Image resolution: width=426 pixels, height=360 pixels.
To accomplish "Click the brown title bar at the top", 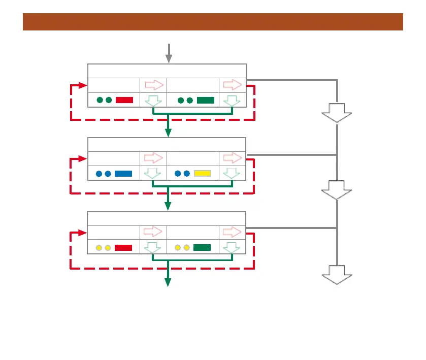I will coord(213,22).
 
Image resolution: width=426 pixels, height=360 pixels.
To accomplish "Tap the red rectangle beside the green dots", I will coord(124,100).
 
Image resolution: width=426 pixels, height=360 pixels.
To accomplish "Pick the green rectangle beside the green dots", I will coord(205,100).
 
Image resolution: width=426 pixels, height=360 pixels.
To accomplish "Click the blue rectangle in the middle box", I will coord(123,174).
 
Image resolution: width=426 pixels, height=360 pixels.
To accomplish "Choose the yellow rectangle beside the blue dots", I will coord(203,174).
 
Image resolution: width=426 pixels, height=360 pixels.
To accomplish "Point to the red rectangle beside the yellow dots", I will coord(123,248).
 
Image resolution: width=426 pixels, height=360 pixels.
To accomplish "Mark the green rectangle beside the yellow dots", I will coord(202,248).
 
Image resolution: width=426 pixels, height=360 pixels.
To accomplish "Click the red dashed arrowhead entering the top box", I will coord(83,85).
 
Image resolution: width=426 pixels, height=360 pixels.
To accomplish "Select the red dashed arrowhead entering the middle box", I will coord(83,159).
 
